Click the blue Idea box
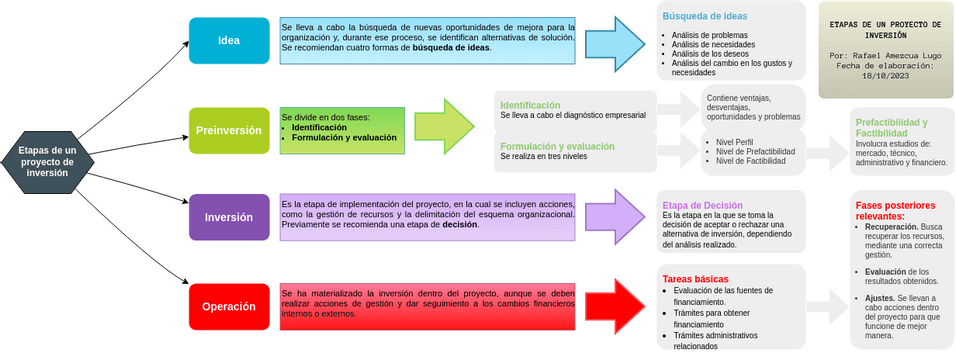[x=229, y=41]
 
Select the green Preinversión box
[x=229, y=130]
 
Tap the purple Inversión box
[x=229, y=217]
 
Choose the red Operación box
[x=229, y=307]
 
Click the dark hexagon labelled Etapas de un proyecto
[x=47, y=161]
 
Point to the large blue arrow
[x=616, y=42]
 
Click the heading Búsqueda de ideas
[x=705, y=15]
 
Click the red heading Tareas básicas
[x=695, y=279]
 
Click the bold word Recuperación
[x=893, y=227]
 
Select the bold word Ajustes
[x=880, y=298]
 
